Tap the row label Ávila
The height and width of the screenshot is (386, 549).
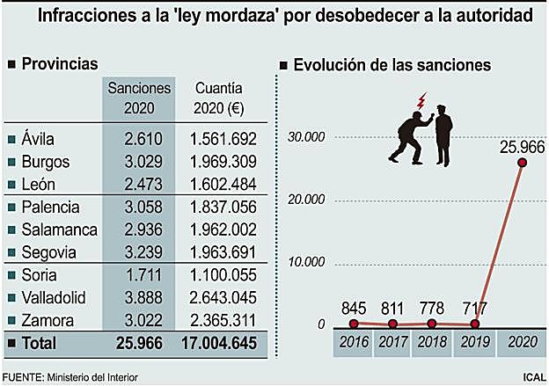[x=39, y=139]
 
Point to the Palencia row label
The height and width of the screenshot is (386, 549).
[x=49, y=208]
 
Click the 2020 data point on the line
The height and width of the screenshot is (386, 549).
[x=523, y=162]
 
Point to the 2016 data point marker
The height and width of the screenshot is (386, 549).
[x=354, y=324]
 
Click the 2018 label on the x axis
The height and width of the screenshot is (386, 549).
[x=431, y=344]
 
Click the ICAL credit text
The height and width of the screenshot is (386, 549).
[x=532, y=378]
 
